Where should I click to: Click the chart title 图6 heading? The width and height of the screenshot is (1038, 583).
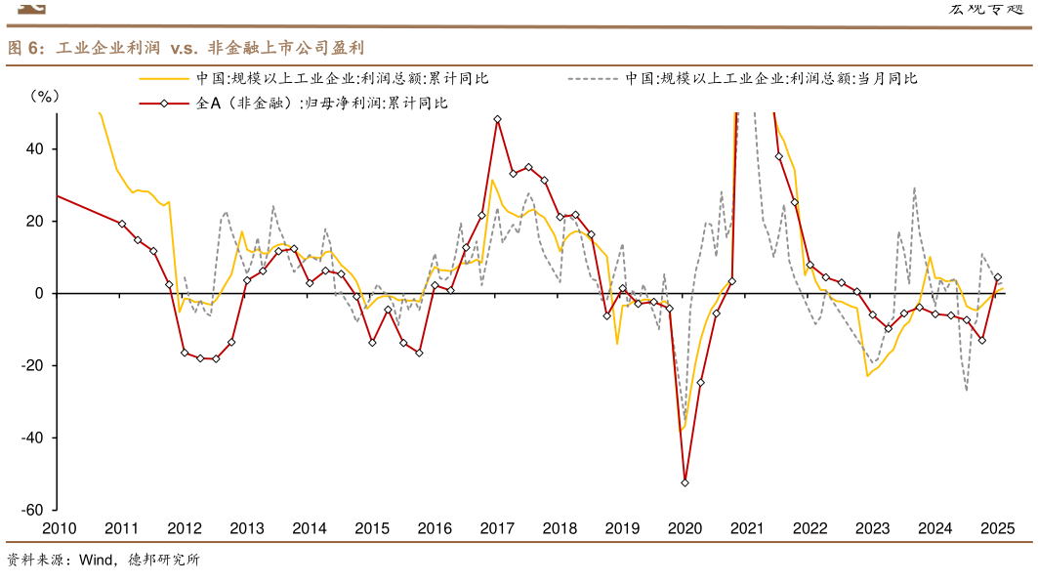click(x=186, y=48)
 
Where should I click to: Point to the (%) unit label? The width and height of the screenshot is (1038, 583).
click(x=45, y=96)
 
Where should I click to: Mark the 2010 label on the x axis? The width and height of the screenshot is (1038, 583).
click(x=58, y=528)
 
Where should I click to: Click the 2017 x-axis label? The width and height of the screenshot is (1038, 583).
click(x=496, y=528)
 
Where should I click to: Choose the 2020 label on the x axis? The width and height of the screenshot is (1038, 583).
click(x=685, y=528)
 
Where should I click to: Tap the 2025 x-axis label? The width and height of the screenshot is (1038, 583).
click(x=997, y=528)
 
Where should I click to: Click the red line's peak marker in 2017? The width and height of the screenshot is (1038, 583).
click(x=497, y=119)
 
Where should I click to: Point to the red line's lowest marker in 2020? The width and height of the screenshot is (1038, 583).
click(x=685, y=482)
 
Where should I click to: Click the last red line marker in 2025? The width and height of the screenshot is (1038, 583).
click(x=997, y=277)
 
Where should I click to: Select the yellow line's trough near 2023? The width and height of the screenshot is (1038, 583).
click(x=866, y=375)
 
